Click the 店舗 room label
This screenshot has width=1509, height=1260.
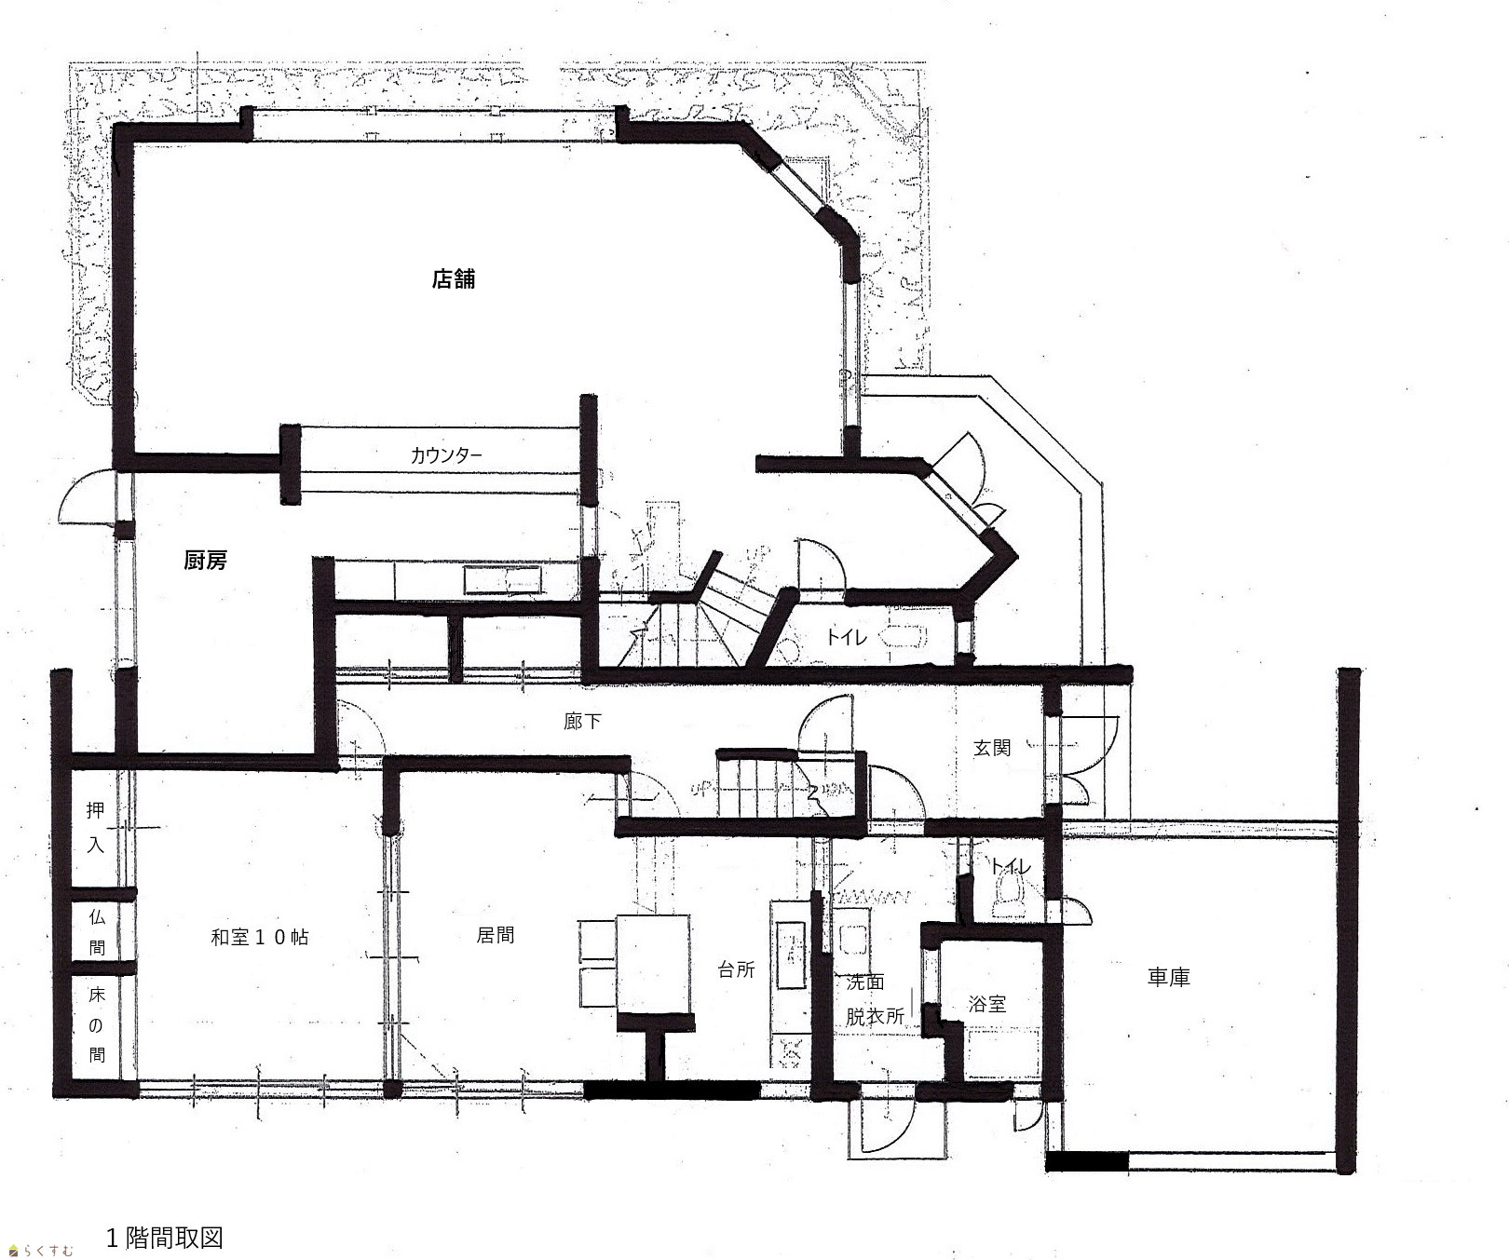coord(454,278)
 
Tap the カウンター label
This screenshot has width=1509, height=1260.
coord(446,455)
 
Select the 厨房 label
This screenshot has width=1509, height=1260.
coord(206,561)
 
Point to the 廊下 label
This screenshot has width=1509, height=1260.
coord(582,721)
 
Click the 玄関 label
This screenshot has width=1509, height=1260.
coord(992,747)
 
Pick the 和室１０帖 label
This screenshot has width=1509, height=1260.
coord(260,937)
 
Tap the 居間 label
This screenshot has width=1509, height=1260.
coord(496,935)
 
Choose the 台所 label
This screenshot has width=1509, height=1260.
coord(736,969)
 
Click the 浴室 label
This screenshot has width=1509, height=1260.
coord(987,1004)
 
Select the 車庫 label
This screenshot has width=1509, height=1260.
coord(1168,977)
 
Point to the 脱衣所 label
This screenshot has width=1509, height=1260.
coord(875,1016)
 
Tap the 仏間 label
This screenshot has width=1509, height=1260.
coord(97,932)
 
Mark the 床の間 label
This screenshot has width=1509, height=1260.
coord(97,1024)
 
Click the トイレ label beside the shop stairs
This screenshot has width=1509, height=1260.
coord(847,637)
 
